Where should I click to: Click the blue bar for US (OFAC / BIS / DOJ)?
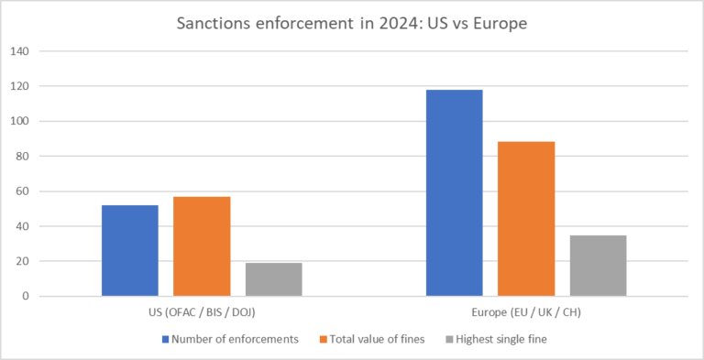tap(129, 250)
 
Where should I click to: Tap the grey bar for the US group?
tap(273, 279)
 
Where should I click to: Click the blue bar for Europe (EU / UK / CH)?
tap(455, 192)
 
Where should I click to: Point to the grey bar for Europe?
tap(598, 266)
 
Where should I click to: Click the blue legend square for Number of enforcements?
tap(165, 339)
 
